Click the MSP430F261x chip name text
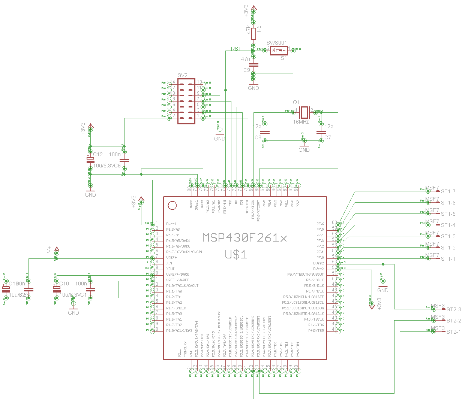click(x=244, y=238)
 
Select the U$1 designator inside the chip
click(x=236, y=255)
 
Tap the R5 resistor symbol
click(x=253, y=34)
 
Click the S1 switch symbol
click(x=279, y=50)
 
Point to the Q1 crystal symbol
click(x=304, y=111)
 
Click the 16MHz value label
click(x=301, y=122)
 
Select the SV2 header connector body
click(x=186, y=101)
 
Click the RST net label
click(x=236, y=49)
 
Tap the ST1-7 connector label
click(x=448, y=192)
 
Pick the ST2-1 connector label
click(x=454, y=332)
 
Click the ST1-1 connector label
click(x=448, y=259)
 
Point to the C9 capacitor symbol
click(x=253, y=64)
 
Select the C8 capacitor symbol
click(x=265, y=132)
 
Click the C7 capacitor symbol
click(x=321, y=132)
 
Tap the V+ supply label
click(x=49, y=250)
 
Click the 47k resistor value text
click(x=249, y=30)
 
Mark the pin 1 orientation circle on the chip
click(x=172, y=205)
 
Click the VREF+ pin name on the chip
click(x=171, y=258)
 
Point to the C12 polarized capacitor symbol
click(x=90, y=160)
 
